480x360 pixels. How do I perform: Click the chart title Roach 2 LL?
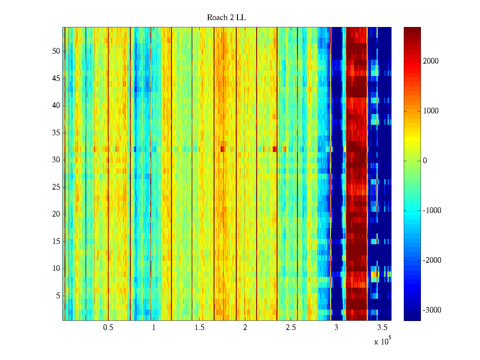[226, 18]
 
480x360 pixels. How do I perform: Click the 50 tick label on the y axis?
[56, 51]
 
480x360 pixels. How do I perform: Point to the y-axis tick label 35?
[56, 133]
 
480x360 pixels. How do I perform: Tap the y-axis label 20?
[56, 214]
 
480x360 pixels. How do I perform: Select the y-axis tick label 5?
[58, 296]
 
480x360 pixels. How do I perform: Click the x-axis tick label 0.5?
[108, 328]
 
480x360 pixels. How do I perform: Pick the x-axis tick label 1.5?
[199, 328]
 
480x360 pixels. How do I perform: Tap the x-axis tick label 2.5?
[291, 328]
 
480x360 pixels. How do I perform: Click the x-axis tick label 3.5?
[382, 328]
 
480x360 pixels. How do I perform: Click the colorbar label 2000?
[430, 61]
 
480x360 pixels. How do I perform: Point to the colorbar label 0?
[425, 161]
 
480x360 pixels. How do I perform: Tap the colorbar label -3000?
[432, 310]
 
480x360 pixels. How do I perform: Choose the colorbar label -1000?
[432, 211]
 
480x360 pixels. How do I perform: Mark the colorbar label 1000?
[430, 111]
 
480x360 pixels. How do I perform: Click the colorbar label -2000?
[432, 260]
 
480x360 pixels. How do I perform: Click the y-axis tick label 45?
[56, 79]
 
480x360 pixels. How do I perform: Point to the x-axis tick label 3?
[336, 328]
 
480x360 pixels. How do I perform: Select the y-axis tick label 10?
[56, 268]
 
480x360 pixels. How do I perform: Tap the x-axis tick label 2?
[245, 328]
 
